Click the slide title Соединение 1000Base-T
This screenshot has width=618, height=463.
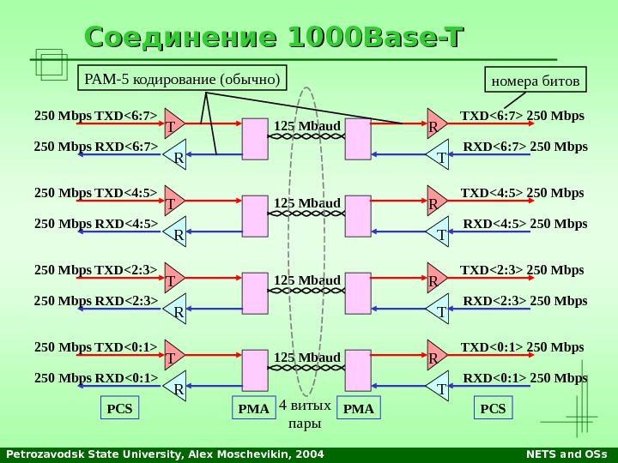(x=274, y=39)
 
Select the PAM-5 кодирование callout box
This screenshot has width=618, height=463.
(x=182, y=80)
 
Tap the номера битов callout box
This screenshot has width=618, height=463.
(x=536, y=81)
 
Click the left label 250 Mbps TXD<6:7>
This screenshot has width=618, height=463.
(x=96, y=116)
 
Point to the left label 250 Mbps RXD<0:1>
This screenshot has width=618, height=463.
(x=96, y=378)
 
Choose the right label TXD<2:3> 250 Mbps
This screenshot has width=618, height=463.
(x=522, y=270)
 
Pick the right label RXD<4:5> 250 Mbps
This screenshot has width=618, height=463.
(x=525, y=224)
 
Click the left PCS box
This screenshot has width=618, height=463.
(x=119, y=409)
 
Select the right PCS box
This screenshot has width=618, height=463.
(x=493, y=409)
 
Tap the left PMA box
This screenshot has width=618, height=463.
(x=253, y=409)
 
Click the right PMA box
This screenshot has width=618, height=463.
(x=359, y=409)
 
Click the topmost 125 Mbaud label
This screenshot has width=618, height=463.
(x=307, y=127)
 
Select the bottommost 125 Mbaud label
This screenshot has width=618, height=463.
(x=307, y=357)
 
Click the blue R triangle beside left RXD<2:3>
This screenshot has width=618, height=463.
(x=177, y=312)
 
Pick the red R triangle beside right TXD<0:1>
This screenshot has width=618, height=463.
(x=435, y=356)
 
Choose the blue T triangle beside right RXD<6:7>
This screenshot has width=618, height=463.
(x=439, y=157)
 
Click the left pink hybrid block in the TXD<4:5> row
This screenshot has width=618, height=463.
(x=255, y=216)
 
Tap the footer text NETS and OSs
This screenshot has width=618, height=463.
(x=565, y=454)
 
